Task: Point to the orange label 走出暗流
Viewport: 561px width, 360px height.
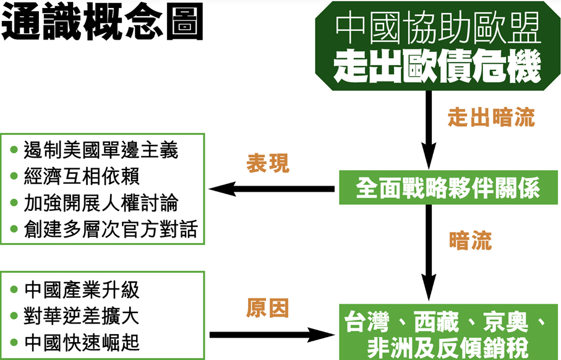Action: [491, 118]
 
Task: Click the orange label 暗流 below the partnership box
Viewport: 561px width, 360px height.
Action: [470, 241]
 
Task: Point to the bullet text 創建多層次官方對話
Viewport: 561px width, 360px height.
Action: [110, 229]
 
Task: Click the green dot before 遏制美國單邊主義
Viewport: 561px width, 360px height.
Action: [14, 151]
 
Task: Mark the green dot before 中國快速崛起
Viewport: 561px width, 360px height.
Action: [14, 342]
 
